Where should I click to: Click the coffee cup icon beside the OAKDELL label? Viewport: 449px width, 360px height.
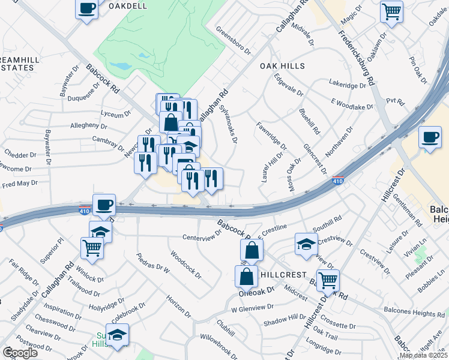pyautogui.click(x=87, y=9)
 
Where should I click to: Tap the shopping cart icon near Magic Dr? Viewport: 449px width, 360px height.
pyautogui.click(x=391, y=11)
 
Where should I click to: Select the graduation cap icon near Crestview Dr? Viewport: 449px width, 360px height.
pyautogui.click(x=306, y=244)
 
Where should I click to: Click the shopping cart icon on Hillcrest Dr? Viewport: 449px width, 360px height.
pyautogui.click(x=328, y=280)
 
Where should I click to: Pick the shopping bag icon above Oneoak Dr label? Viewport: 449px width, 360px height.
pyautogui.click(x=246, y=277)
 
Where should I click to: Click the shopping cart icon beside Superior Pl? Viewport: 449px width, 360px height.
pyautogui.click(x=91, y=247)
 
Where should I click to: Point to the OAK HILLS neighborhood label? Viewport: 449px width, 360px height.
pyautogui.click(x=282, y=66)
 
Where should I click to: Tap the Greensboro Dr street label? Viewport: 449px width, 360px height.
pyautogui.click(x=234, y=41)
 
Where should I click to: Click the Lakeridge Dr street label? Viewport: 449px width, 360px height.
pyautogui.click(x=348, y=85)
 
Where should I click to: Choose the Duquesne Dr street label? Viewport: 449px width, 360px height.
pyautogui.click(x=86, y=97)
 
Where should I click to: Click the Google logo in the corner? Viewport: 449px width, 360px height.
pyautogui.click(x=20, y=352)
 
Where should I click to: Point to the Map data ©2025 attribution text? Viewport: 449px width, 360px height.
pyautogui.click(x=423, y=355)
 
